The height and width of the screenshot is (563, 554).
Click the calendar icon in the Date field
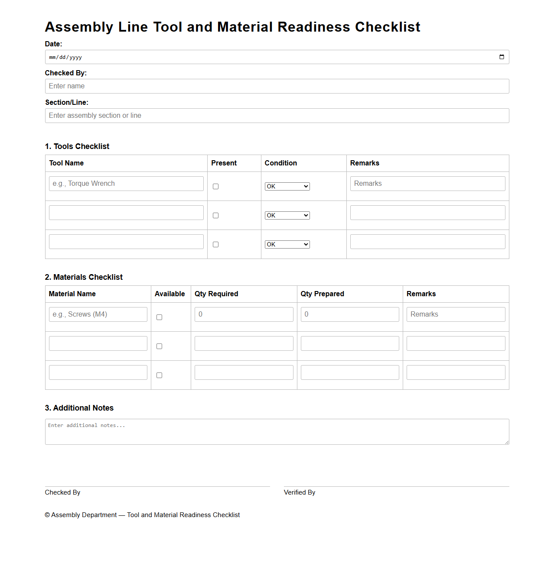[x=502, y=57]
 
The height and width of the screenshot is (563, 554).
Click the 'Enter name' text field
[x=277, y=86]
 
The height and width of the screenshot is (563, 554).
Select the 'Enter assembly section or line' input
[x=277, y=116]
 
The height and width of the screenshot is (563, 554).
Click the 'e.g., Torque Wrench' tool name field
[x=126, y=184]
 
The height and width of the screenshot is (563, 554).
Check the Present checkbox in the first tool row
[x=215, y=187]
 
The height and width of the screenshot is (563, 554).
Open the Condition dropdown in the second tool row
[x=287, y=216]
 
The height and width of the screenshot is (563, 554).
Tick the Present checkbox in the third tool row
[x=215, y=245]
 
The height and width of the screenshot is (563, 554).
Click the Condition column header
[x=280, y=163]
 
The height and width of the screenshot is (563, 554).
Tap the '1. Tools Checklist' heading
[x=77, y=146]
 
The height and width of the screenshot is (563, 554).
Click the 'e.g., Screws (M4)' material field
[x=98, y=314]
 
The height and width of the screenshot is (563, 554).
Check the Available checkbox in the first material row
[x=159, y=317]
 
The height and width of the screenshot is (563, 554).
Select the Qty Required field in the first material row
[x=244, y=314]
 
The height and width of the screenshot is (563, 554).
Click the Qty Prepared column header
[x=322, y=294]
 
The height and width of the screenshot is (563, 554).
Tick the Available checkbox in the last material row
[x=159, y=375]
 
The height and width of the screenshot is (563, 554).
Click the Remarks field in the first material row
[x=456, y=314]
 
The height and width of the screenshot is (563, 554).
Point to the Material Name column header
[x=72, y=294]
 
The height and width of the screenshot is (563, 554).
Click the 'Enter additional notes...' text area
[x=277, y=432]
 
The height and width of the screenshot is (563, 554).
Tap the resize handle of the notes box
[x=507, y=442]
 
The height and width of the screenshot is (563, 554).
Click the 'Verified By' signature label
[x=300, y=492]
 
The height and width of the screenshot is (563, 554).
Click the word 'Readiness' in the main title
[x=313, y=27]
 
